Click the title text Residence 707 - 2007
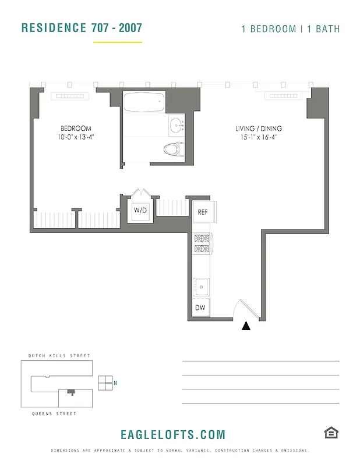tap(82, 28)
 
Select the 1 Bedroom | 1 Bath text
tap(291, 29)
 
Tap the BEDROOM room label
tap(76, 128)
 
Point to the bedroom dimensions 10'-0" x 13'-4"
tap(76, 138)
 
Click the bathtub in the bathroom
tap(143, 103)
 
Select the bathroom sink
tap(176, 126)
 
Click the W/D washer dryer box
tap(140, 210)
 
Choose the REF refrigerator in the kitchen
tap(203, 212)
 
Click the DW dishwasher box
tap(201, 307)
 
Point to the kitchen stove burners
tap(202, 243)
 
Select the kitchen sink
tap(202, 286)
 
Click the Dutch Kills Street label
tap(59, 356)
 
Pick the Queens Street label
tap(54, 413)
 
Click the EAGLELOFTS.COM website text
tap(172, 435)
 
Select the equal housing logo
tap(331, 433)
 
